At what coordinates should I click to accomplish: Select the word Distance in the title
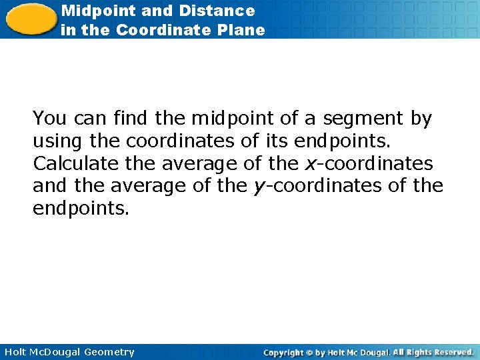(217, 11)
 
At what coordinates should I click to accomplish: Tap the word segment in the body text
(363, 119)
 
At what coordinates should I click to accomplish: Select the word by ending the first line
(421, 119)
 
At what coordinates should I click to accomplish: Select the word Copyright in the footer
(283, 352)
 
